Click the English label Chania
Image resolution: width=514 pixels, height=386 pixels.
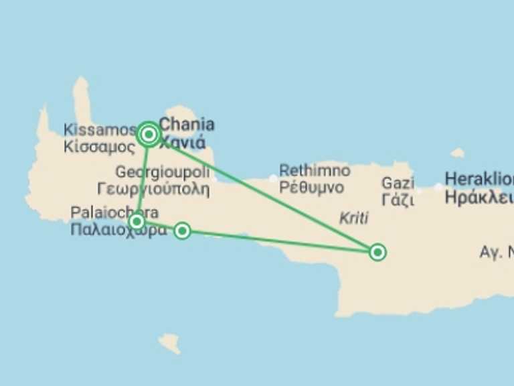click(187, 124)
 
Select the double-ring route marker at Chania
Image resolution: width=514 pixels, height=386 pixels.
click(149, 135)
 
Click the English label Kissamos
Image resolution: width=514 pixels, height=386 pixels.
click(100, 129)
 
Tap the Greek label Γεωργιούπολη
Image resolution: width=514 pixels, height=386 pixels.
click(153, 188)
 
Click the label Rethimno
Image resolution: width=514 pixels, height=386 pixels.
click(315, 170)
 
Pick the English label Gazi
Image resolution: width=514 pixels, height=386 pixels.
click(398, 182)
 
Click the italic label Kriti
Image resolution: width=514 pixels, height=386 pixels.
click(354, 218)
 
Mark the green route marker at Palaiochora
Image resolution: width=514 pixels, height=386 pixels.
click(137, 221)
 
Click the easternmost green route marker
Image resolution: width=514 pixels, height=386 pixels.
click(377, 252)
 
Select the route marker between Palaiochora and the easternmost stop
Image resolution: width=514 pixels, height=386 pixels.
click(182, 231)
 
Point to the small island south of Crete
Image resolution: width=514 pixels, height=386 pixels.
click(169, 342)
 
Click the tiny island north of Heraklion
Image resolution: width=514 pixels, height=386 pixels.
click(458, 153)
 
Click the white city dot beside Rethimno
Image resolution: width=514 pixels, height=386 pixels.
click(272, 178)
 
